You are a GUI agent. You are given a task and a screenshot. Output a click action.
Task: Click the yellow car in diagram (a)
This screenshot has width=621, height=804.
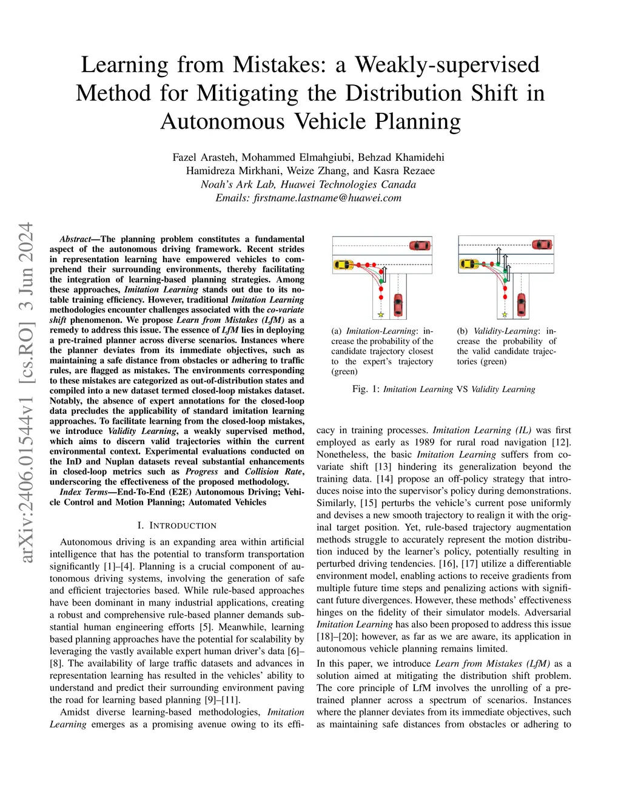click(343, 265)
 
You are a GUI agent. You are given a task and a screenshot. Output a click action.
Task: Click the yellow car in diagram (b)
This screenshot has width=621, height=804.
click(469, 264)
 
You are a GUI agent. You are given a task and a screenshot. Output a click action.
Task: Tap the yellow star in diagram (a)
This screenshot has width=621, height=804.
click(381, 315)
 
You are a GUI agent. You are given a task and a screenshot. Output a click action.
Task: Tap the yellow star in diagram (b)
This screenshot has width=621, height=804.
click(505, 315)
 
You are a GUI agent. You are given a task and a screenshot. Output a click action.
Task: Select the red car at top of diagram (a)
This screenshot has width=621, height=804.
click(420, 245)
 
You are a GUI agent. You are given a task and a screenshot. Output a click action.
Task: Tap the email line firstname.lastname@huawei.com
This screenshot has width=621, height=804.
click(308, 198)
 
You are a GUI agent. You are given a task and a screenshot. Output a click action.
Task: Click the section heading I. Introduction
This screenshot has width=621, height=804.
click(176, 525)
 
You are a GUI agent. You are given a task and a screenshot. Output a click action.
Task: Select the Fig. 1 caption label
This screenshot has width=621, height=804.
click(366, 389)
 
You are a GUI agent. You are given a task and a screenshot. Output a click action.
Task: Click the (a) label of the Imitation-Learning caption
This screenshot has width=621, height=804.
click(337, 331)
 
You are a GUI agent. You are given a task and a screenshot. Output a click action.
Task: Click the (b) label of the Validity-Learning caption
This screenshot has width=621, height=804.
click(463, 331)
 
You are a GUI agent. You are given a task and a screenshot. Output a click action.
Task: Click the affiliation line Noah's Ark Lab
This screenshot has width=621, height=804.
click(308, 184)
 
